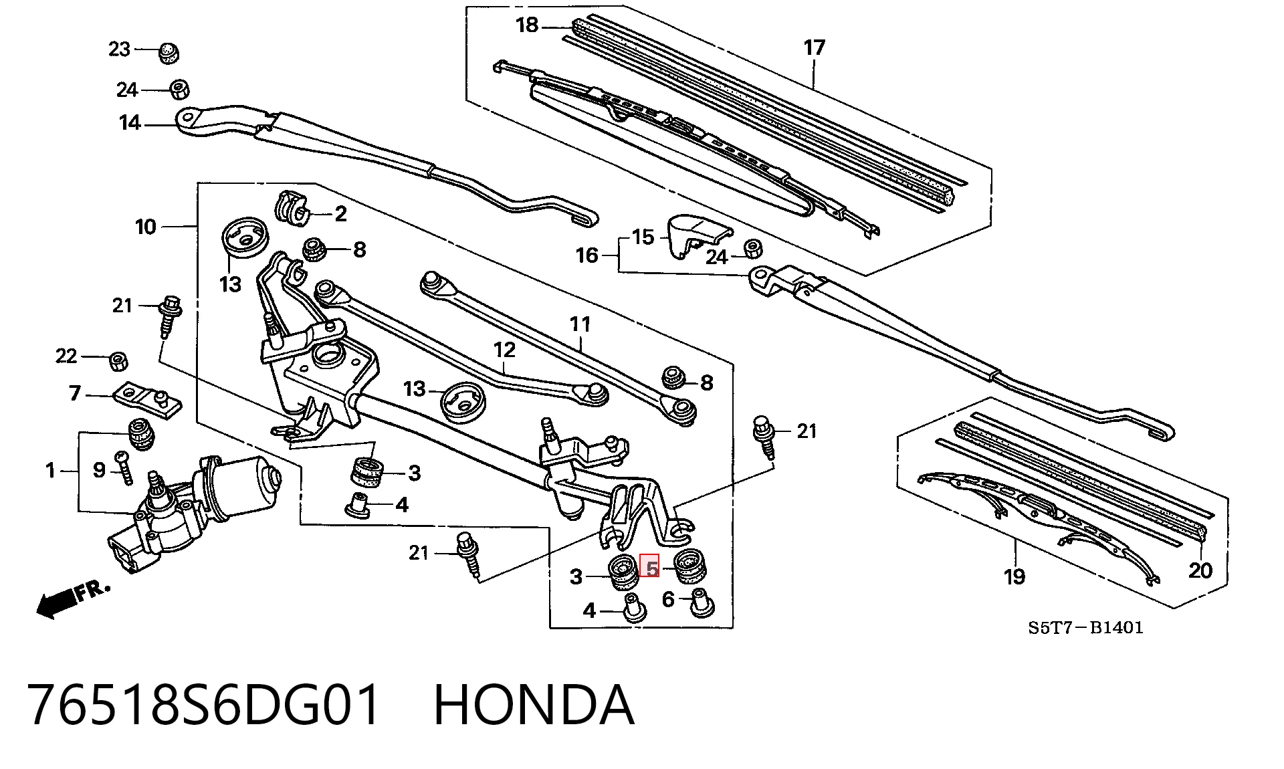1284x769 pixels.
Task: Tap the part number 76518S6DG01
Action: pyautogui.click(x=204, y=705)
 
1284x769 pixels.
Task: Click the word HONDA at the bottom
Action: pyautogui.click(x=534, y=705)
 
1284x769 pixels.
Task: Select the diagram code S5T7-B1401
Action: pyautogui.click(x=1085, y=627)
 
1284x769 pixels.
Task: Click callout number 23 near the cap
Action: pyautogui.click(x=120, y=49)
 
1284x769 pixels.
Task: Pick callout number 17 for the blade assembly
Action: pyautogui.click(x=815, y=48)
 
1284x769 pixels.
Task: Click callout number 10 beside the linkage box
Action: pyautogui.click(x=146, y=227)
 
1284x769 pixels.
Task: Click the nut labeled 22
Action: pyautogui.click(x=119, y=362)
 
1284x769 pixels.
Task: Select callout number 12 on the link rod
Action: pyautogui.click(x=505, y=350)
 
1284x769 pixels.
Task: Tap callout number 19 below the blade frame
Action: pyautogui.click(x=1014, y=576)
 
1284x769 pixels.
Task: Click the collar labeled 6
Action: pyautogui.click(x=701, y=604)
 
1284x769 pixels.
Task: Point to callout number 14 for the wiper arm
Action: pyautogui.click(x=130, y=123)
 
